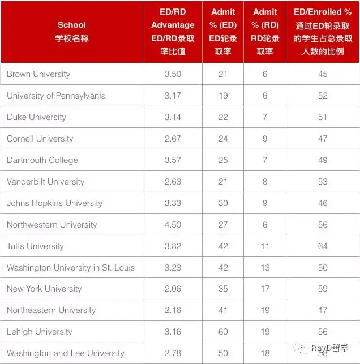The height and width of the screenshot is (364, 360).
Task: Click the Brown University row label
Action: click(x=38, y=74)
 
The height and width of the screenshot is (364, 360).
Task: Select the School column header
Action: click(x=72, y=32)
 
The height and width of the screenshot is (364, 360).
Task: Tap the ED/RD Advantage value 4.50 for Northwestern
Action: click(x=173, y=225)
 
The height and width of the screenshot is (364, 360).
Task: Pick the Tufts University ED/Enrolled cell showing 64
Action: click(x=323, y=246)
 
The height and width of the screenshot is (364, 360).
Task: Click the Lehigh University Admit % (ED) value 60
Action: click(x=223, y=332)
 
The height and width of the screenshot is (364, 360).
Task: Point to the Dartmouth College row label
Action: click(x=42, y=160)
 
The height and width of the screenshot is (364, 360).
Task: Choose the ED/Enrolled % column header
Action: click(x=323, y=32)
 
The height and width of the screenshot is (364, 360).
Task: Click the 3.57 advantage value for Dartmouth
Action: click(x=173, y=160)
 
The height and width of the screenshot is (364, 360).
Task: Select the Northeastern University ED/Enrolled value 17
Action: click(x=323, y=310)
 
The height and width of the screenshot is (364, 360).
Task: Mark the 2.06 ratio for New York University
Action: click(x=173, y=289)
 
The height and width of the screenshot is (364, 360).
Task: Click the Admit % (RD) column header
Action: click(x=265, y=32)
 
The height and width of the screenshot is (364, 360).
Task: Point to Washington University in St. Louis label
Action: click(x=71, y=267)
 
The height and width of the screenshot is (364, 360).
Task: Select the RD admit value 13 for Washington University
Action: click(x=265, y=267)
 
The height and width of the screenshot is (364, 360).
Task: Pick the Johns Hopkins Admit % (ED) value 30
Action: click(x=223, y=203)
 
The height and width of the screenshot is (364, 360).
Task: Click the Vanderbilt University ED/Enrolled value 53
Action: click(x=323, y=182)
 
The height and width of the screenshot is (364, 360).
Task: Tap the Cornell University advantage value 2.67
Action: click(x=173, y=139)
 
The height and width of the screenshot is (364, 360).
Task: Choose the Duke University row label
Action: click(x=36, y=117)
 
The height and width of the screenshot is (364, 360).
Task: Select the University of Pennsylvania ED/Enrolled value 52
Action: click(x=323, y=96)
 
